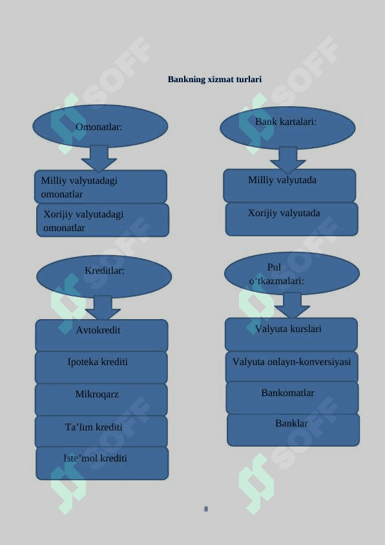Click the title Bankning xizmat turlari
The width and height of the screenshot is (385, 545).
(x=214, y=79)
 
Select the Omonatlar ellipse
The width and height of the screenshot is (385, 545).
(x=100, y=126)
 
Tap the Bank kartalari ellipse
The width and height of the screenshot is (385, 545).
(x=287, y=128)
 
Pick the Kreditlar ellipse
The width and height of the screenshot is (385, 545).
(x=104, y=276)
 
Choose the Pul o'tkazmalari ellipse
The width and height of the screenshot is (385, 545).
(x=292, y=274)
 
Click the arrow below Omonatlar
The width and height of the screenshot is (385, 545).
(x=99, y=159)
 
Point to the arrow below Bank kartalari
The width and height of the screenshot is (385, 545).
(x=287, y=160)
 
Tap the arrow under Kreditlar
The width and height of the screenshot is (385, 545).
(x=103, y=307)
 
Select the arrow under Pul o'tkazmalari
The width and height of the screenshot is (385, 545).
(x=292, y=305)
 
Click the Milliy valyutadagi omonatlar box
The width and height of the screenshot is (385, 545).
(x=101, y=186)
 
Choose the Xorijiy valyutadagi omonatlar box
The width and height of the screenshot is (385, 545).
(x=103, y=220)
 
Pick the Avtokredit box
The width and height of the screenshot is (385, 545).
(x=101, y=335)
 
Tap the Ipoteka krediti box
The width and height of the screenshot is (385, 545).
(x=101, y=368)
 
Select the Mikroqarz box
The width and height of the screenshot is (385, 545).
(x=101, y=400)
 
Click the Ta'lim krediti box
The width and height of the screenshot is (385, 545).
(x=101, y=432)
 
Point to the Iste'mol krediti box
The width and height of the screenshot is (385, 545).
(x=102, y=463)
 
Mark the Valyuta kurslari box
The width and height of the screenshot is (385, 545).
(x=291, y=334)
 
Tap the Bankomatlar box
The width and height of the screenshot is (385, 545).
(x=292, y=397)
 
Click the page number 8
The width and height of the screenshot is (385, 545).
(x=206, y=509)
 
